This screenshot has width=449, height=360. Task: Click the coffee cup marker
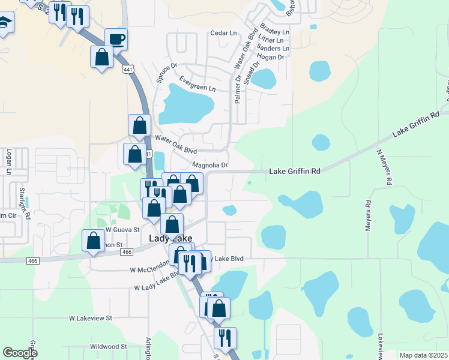tap(116, 40)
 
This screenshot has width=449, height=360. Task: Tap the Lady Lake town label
tap(170, 238)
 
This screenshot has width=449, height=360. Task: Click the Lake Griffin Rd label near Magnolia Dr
tap(294, 171)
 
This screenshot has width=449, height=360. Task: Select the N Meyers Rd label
tap(384, 167)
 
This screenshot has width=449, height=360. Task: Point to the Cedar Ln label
tap(222, 33)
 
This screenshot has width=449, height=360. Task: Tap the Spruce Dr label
tap(167, 73)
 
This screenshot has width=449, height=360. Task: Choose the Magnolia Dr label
tap(209, 165)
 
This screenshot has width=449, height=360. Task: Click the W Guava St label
tap(122, 229)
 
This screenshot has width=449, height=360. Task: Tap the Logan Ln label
tap(9, 163)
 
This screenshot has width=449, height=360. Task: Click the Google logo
tap(20, 353)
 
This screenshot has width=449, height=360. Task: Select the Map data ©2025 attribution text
tap(423, 355)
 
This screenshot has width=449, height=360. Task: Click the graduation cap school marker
tap(4, 23)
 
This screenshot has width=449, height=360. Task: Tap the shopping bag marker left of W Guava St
tap(94, 241)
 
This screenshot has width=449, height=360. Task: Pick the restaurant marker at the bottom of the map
tap(225, 338)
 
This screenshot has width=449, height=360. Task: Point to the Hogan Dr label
tap(272, 58)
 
